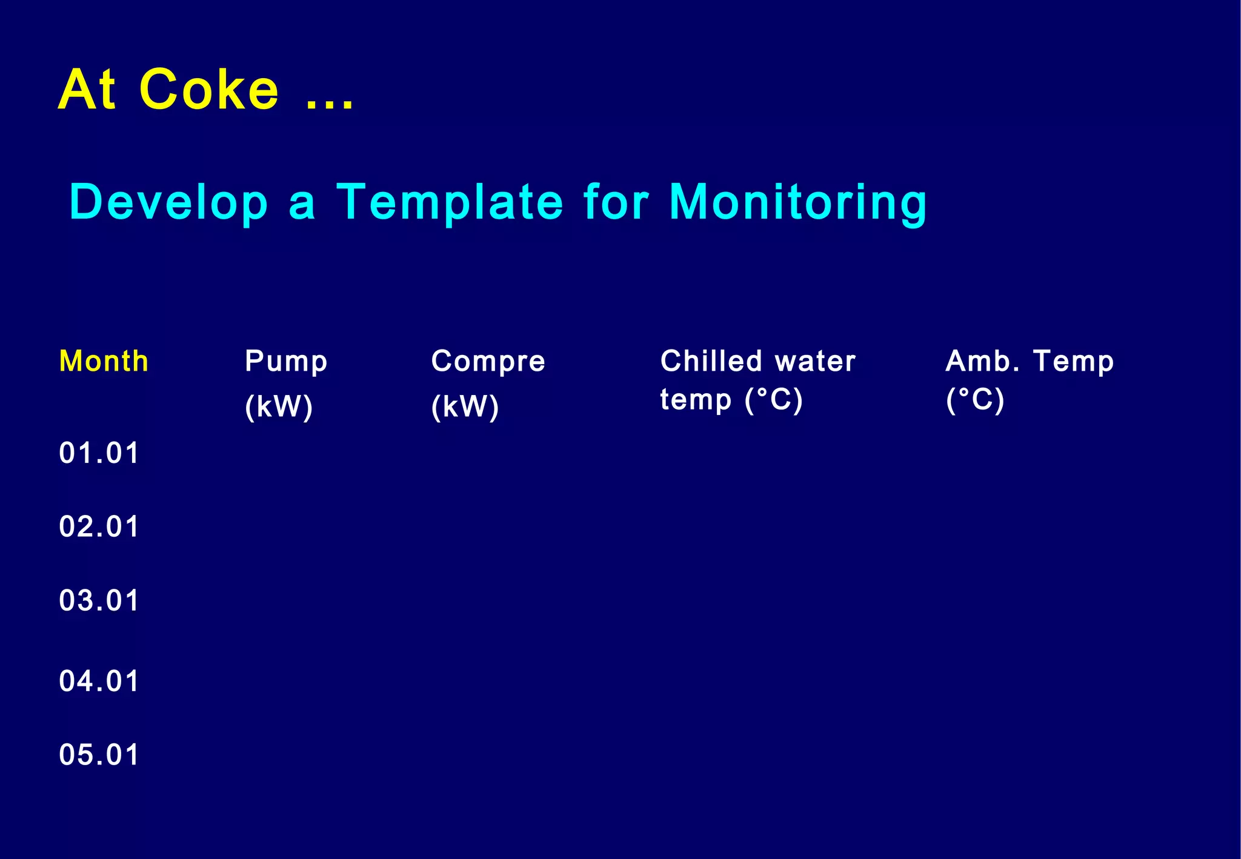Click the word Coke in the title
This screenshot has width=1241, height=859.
(x=208, y=90)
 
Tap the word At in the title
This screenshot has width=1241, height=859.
(x=87, y=90)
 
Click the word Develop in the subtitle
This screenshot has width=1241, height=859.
(x=168, y=202)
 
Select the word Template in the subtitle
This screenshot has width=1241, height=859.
(x=450, y=202)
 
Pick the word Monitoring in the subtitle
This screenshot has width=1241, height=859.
(x=797, y=202)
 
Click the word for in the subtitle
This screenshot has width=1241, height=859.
(x=616, y=202)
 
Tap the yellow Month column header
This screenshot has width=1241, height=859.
(x=104, y=361)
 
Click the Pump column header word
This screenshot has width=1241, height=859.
(x=286, y=362)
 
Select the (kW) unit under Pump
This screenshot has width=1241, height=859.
(x=279, y=406)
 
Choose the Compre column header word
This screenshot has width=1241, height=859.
(x=488, y=362)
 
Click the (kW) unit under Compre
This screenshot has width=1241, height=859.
(x=465, y=406)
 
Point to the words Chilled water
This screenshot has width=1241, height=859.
(x=757, y=361)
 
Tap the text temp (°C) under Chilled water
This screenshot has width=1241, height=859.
(x=731, y=400)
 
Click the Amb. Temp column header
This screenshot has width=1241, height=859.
(x=1029, y=362)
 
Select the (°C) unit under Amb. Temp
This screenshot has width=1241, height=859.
(x=975, y=400)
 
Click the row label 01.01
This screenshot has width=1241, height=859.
(x=99, y=453)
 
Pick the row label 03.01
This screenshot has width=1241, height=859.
(x=99, y=600)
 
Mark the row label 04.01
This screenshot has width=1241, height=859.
(x=99, y=681)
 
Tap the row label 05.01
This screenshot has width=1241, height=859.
(x=99, y=755)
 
